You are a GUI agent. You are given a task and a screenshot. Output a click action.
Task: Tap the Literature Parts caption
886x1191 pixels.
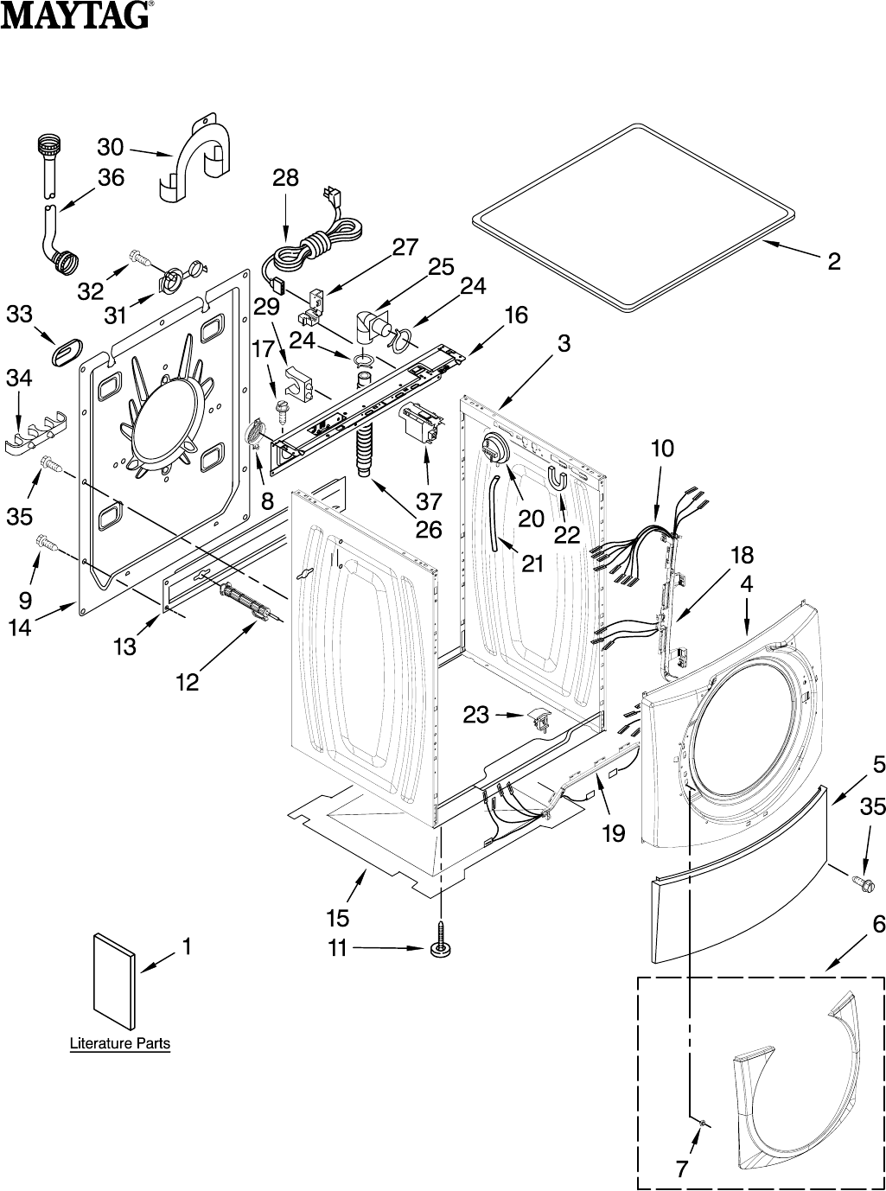(120, 1043)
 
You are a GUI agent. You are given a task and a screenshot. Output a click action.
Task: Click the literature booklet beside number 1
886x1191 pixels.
(114, 980)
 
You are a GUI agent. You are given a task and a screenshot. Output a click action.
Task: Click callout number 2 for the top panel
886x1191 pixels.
(833, 262)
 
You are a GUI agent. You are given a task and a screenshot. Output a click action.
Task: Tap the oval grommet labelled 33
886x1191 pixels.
(67, 352)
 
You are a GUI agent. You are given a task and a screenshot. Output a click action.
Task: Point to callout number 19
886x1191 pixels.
(613, 833)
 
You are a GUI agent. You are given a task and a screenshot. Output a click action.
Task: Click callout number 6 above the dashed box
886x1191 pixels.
(878, 924)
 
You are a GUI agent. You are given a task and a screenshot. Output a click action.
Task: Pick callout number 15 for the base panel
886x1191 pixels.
(338, 918)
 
